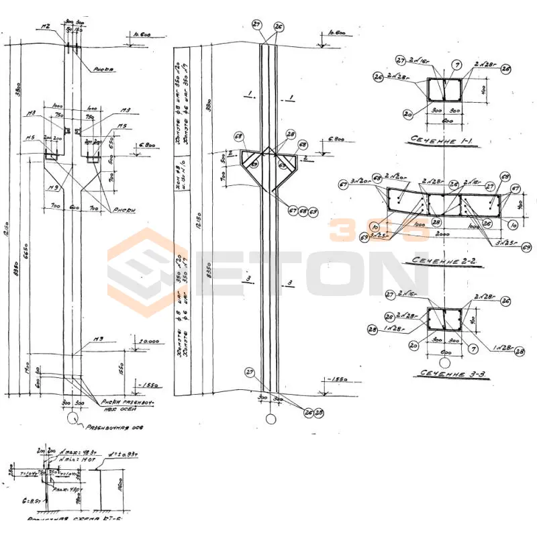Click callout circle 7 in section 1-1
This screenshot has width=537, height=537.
point(457,65)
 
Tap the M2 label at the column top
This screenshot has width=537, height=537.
point(46,28)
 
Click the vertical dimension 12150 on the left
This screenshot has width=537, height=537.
point(13,232)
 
